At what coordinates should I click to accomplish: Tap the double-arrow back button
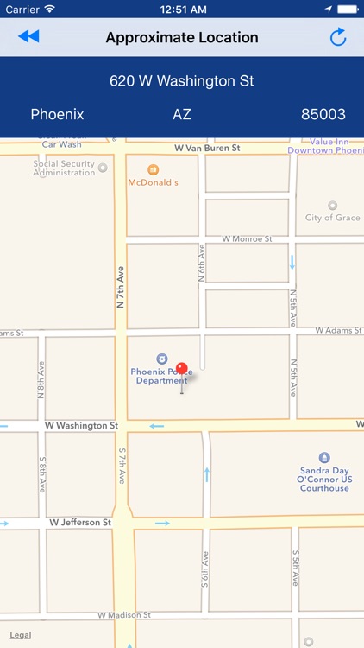[x=28, y=36]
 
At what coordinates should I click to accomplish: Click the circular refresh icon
[x=337, y=37]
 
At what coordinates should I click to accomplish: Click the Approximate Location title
[x=182, y=37]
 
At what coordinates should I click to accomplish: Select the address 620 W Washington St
[x=182, y=81]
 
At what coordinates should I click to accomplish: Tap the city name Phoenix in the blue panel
[x=57, y=114]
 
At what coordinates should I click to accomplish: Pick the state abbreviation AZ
[x=182, y=114]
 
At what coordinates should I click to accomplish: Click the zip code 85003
[x=323, y=114]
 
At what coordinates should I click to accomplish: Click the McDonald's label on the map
[x=154, y=182]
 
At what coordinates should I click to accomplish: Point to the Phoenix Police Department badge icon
[x=160, y=359]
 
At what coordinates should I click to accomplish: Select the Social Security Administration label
[x=64, y=168]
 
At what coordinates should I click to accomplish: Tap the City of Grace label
[x=332, y=217]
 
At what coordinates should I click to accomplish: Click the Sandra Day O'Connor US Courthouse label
[x=324, y=480]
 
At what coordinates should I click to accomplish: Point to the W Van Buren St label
[x=207, y=148]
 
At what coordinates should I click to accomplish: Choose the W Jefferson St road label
[x=80, y=523]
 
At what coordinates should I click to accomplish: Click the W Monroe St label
[x=247, y=238]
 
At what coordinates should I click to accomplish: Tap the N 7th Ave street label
[x=121, y=288]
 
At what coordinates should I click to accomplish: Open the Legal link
[x=21, y=635]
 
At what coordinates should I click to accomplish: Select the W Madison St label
[x=124, y=615]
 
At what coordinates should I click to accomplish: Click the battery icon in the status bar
[x=347, y=9]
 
